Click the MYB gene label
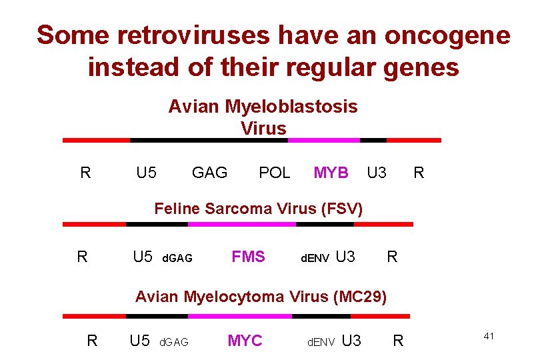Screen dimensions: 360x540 coord(331,173)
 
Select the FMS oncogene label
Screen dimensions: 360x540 coord(248,257)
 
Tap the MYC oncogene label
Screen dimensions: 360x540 coord(245,341)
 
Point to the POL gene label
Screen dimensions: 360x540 coord(274,173)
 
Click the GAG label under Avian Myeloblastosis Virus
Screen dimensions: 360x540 coord(209,173)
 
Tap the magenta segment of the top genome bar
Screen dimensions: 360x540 coord(324,141)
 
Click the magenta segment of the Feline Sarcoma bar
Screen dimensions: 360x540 coord(241,225)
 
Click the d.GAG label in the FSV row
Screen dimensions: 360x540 coord(177,258)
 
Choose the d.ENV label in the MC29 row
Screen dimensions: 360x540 coord(321,343)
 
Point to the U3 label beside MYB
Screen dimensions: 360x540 coord(377,173)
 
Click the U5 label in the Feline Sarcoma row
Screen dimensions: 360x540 coord(143,257)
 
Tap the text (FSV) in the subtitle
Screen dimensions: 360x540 coord(341,209)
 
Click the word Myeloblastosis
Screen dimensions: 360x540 coord(291,107)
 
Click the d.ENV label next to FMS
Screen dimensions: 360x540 coord(315,258)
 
